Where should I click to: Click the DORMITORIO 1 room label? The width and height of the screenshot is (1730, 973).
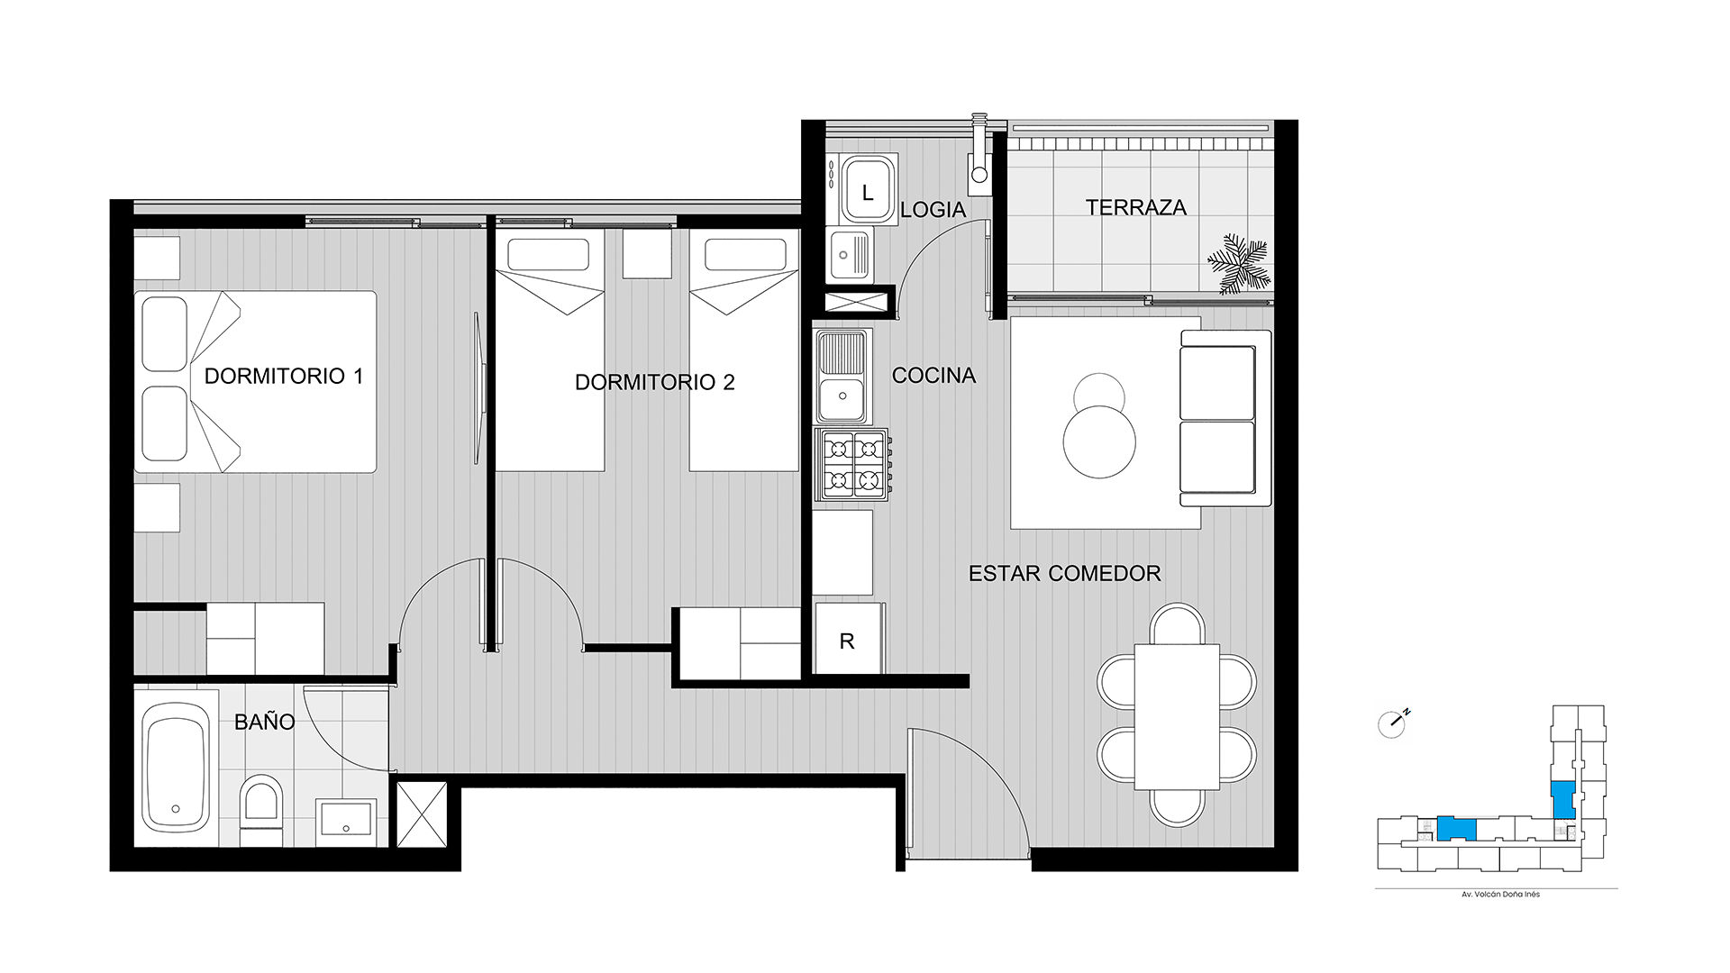tap(284, 376)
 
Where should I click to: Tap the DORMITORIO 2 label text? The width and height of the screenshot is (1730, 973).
tap(655, 382)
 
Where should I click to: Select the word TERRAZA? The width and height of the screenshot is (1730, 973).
tap(1136, 207)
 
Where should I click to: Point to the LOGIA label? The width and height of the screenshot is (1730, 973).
tap(933, 210)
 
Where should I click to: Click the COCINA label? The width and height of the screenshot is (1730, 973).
tap(933, 376)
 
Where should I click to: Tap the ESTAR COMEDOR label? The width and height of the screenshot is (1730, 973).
tap(1065, 573)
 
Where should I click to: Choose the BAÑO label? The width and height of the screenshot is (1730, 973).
tap(264, 721)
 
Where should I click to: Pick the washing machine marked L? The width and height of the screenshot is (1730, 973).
tap(868, 189)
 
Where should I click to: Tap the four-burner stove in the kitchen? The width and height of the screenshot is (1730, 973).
tap(852, 465)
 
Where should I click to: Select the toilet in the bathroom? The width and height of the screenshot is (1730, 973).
tap(261, 809)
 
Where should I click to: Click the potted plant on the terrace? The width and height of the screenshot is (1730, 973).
tap(1239, 264)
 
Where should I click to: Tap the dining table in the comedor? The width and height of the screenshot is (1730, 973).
tap(1177, 716)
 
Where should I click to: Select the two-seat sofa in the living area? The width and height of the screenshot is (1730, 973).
tap(1225, 419)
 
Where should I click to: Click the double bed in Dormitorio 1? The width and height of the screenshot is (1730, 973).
tap(255, 381)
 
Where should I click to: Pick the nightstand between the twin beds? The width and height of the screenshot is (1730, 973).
tap(647, 253)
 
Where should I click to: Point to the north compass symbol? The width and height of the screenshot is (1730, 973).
tap(1393, 723)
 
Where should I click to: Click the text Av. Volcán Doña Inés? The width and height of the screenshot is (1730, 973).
tap(1500, 895)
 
